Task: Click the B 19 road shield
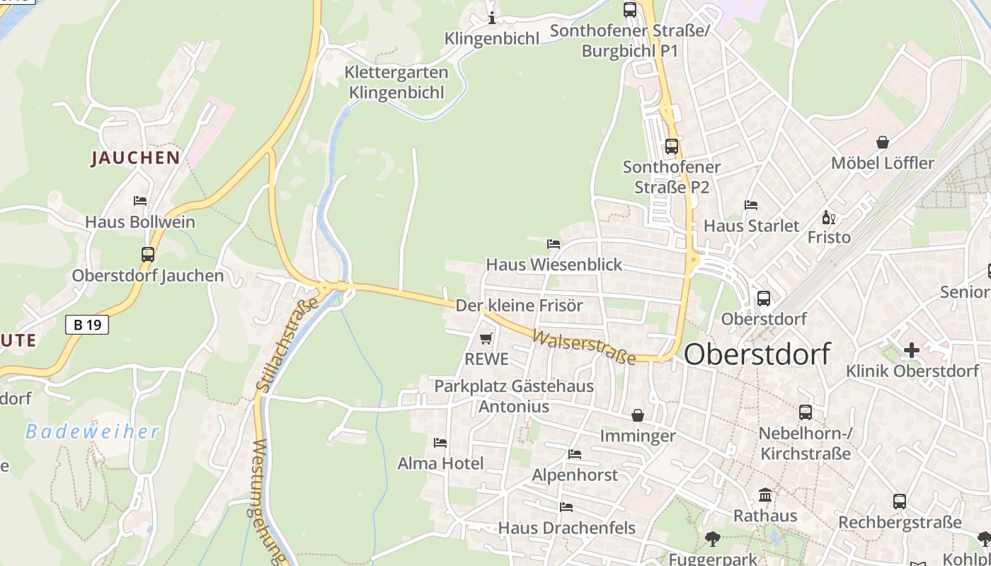[87, 325]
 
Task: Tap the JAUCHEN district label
[135, 158]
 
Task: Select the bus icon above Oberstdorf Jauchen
[148, 255]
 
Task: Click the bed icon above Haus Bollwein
[140, 201]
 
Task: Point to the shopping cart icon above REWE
[486, 339]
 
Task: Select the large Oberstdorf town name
[757, 354]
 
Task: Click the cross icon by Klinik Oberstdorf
[912, 350]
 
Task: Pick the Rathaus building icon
[765, 495]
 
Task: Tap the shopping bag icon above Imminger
[638, 415]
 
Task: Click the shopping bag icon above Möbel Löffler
[883, 142]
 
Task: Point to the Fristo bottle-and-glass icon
[828, 217]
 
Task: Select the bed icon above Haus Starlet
[751, 205]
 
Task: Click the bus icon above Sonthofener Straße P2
[671, 146]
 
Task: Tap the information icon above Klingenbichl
[492, 18]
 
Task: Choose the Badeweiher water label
[92, 432]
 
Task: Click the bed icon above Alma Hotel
[440, 443]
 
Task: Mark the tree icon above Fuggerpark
[713, 539]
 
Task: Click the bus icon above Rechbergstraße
[900, 502]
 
